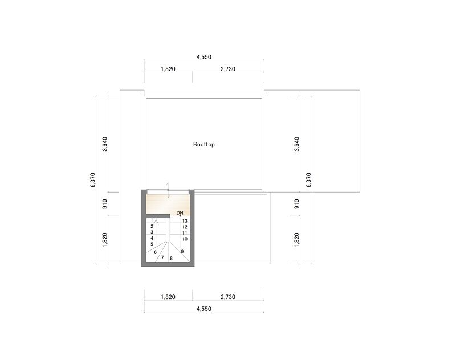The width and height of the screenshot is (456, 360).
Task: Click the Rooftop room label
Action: click(204, 144)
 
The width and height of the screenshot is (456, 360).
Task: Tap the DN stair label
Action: click(180, 213)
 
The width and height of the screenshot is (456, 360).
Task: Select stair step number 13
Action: click(185, 221)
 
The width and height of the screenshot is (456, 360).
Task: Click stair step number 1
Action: click(152, 220)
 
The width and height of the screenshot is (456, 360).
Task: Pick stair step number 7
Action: click(162, 257)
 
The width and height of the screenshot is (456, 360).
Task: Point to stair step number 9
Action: click(182, 252)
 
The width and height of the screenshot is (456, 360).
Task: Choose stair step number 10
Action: click(185, 239)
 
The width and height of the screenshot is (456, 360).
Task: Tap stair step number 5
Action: click(152, 244)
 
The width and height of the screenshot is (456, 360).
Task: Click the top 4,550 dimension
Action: click(204, 57)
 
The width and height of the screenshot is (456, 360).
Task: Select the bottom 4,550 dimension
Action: click(204, 309)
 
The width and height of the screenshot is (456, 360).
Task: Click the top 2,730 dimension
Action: click(228, 69)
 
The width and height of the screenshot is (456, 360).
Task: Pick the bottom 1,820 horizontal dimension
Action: click(168, 297)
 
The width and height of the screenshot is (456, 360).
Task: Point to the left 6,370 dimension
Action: click(93, 180)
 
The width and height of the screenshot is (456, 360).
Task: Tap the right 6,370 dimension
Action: click(309, 180)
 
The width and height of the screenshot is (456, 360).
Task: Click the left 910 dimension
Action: click(105, 204)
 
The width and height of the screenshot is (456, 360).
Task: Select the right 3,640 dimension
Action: click(296, 144)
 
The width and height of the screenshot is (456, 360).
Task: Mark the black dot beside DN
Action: click(180, 216)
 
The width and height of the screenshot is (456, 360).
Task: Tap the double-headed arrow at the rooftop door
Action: click(168, 190)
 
